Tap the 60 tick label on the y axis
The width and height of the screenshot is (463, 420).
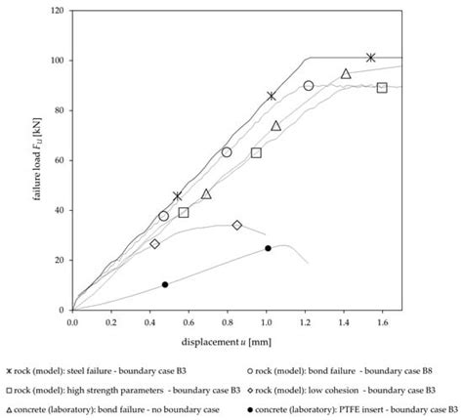(x=61, y=161)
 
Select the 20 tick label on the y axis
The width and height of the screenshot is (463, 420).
(x=61, y=261)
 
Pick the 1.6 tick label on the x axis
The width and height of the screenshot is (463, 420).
(x=382, y=320)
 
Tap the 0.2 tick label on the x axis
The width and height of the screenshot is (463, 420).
(x=110, y=320)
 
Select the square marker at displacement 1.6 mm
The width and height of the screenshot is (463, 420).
(x=382, y=88)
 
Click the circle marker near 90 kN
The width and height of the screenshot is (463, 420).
(x=309, y=86)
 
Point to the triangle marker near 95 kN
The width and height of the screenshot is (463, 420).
(x=346, y=73)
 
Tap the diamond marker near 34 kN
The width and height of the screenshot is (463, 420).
(x=236, y=225)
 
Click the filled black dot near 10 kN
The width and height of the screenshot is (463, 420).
(x=165, y=284)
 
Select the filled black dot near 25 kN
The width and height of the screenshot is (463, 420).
(x=268, y=248)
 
